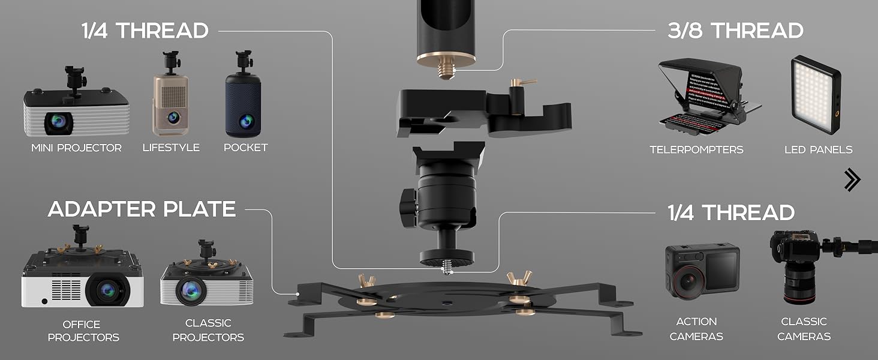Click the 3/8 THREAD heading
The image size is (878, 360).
point(735,31)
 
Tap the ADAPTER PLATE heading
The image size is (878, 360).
point(142,209)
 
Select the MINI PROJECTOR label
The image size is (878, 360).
point(76,148)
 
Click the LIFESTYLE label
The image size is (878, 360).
point(171,148)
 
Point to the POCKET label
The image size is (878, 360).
point(245,148)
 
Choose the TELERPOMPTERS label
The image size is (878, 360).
point(696,149)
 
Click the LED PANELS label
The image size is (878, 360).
point(818,149)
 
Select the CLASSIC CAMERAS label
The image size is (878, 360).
point(804,329)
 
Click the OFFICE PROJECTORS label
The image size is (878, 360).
point(83,331)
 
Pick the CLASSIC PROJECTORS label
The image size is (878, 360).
point(208,331)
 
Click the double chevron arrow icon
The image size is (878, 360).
point(852,179)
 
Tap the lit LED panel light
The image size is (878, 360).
point(814,97)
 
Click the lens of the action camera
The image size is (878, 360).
point(686,281)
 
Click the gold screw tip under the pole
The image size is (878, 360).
point(446,70)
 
